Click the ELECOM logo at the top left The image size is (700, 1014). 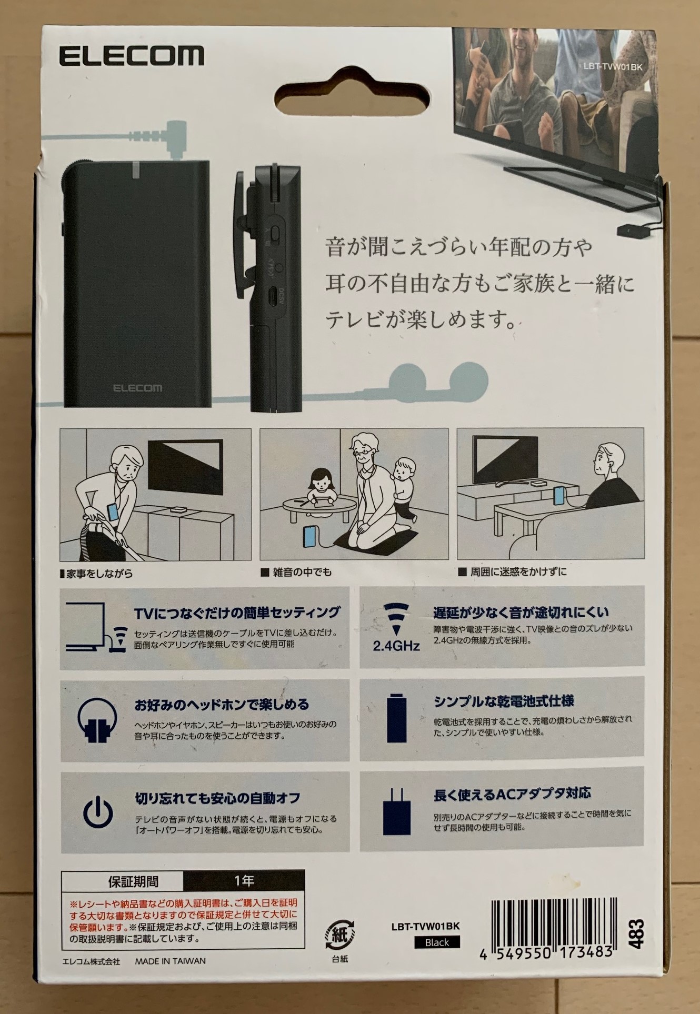point(131,56)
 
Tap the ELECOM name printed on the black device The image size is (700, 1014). point(138,388)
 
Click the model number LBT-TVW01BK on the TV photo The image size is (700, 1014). point(613,67)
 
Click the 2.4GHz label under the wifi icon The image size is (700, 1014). point(396,646)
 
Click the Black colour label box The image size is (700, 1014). point(437,942)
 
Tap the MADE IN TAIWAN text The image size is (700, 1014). point(171,960)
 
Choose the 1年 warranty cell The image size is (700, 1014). point(244,880)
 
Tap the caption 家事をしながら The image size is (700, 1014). point(96,573)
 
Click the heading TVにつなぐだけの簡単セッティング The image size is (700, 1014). point(237,613)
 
